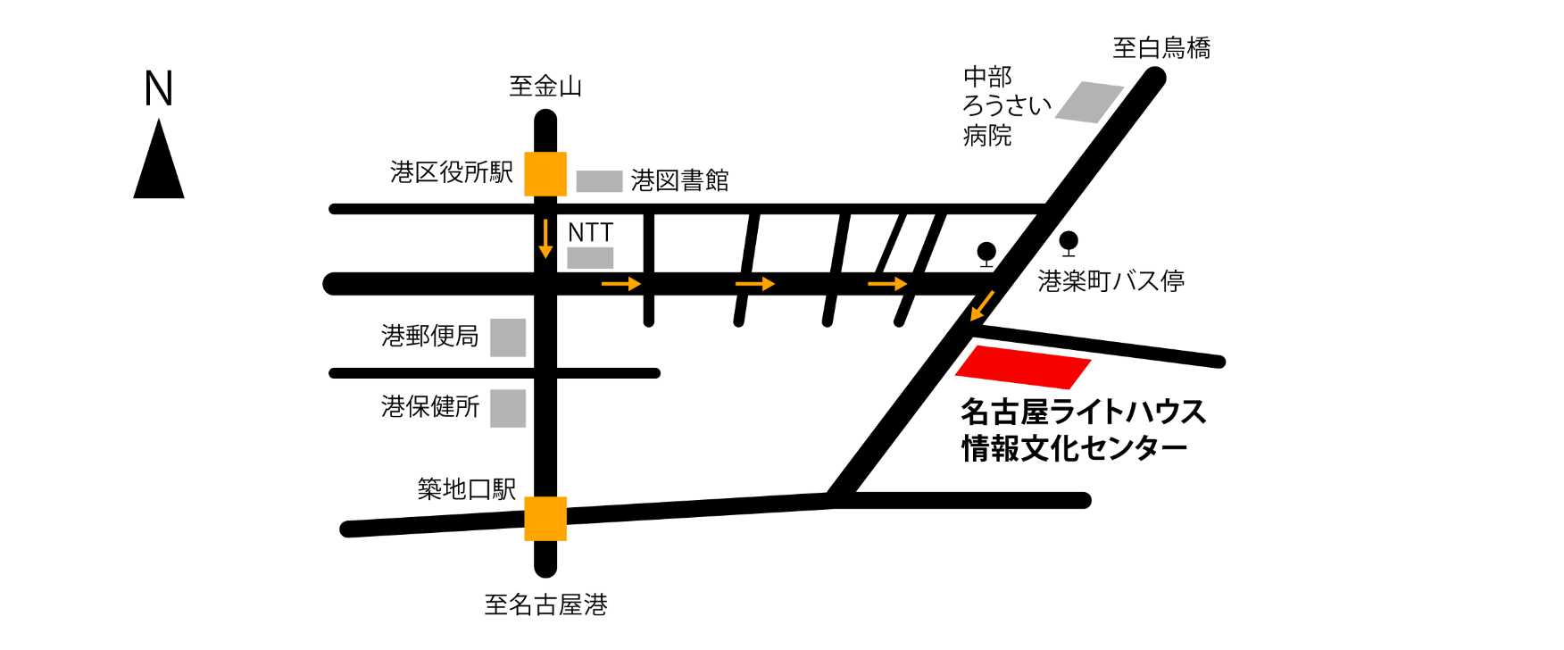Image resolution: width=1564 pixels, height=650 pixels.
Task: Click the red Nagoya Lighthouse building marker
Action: tap(1024, 367)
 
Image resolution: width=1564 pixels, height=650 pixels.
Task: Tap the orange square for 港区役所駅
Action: tap(545, 174)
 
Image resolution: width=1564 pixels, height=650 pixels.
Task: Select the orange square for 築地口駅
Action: tap(545, 519)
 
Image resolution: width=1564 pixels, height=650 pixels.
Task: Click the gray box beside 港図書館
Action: tap(599, 181)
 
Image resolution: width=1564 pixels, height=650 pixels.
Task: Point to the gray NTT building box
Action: tap(591, 259)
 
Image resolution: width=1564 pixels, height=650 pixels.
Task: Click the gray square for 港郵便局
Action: tap(508, 337)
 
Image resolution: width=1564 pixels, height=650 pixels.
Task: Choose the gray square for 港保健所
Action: tap(508, 408)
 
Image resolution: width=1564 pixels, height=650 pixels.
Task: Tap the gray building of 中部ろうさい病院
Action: tap(1089, 102)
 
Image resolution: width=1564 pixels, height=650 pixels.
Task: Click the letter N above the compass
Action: tap(159, 88)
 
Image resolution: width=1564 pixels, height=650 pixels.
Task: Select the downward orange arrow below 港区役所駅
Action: tap(545, 238)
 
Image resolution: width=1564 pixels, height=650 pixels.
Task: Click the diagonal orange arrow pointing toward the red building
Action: tap(982, 305)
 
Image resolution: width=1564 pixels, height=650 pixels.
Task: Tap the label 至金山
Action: tap(545, 87)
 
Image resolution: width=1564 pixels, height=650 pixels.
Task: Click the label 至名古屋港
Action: tap(545, 605)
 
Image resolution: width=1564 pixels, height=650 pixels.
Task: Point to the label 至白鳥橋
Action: tap(1161, 47)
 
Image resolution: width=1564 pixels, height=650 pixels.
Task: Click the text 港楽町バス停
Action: tap(1111, 281)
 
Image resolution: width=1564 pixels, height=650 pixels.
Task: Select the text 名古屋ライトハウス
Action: tap(1083, 412)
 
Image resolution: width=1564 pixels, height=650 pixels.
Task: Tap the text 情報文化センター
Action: tap(1074, 447)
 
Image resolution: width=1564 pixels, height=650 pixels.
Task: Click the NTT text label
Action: tap(589, 233)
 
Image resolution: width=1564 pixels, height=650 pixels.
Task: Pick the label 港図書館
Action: tap(680, 180)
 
